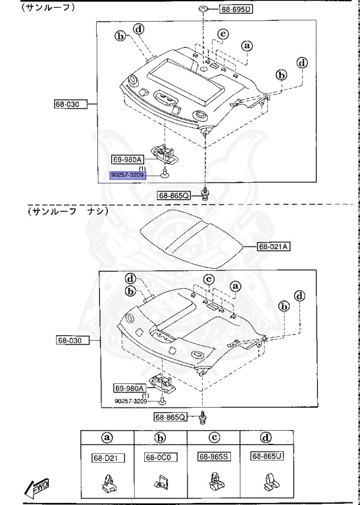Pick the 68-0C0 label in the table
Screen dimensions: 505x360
coord(159,458)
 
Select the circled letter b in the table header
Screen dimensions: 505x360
coord(159,437)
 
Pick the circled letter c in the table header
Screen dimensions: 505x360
coord(213,437)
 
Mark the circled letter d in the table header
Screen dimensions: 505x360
coord(267,437)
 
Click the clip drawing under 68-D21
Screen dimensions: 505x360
coord(107,483)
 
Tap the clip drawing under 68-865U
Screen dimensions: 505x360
coord(267,483)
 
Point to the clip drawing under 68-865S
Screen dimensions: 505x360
coord(213,483)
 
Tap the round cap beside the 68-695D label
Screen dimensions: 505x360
coord(204,9)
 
